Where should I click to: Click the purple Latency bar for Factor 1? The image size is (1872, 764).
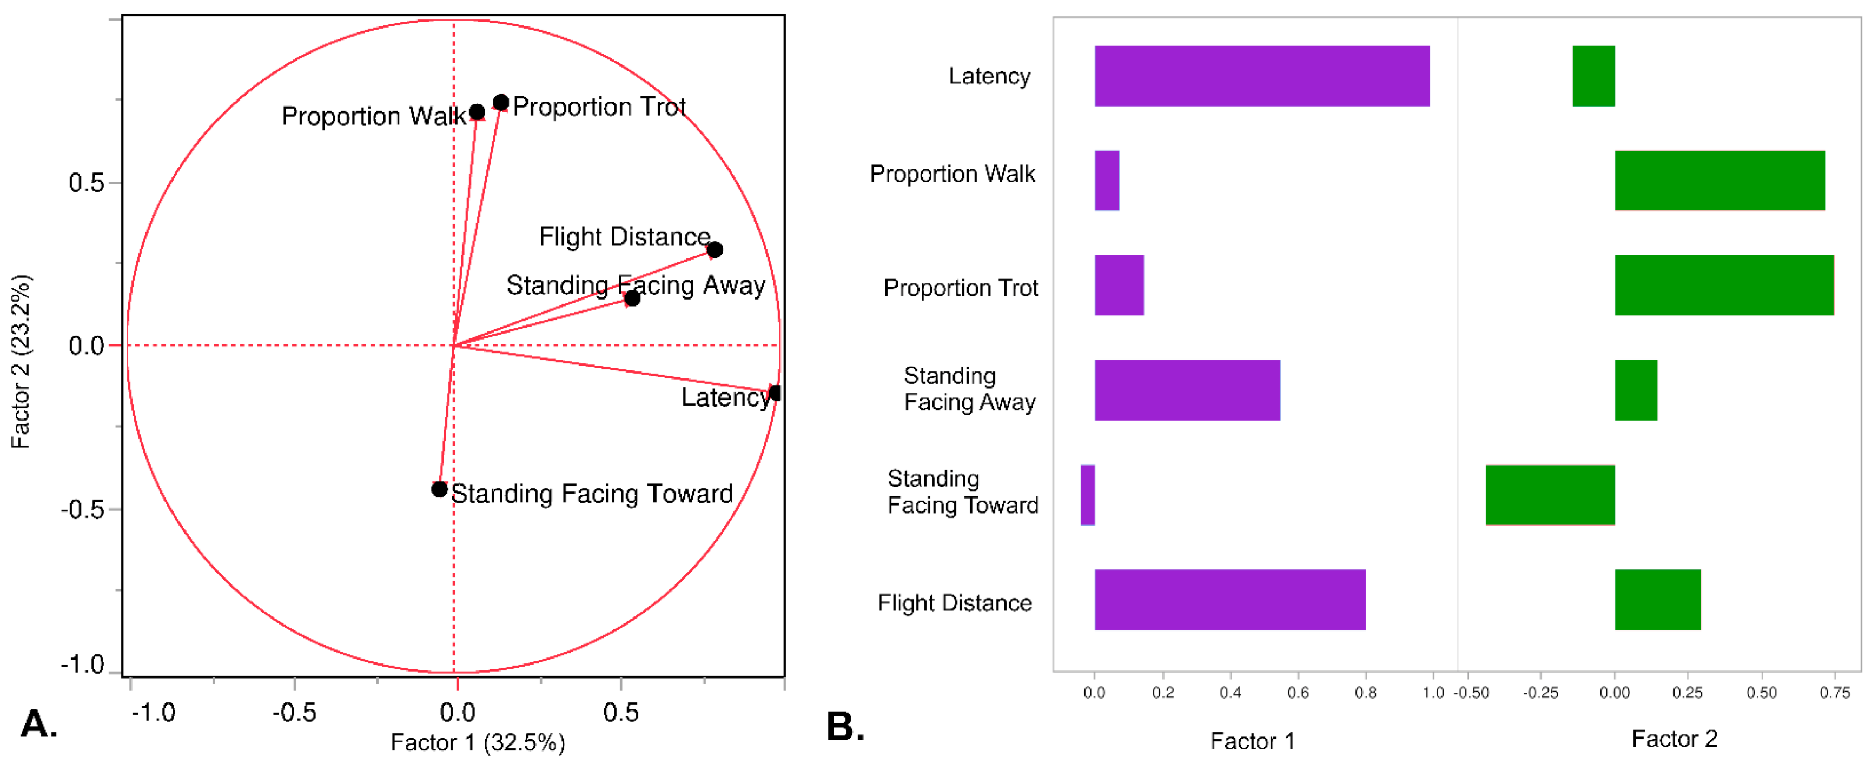tap(1261, 76)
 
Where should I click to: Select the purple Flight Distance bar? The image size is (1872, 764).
tap(1229, 599)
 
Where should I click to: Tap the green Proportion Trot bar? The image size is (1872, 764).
tap(1724, 285)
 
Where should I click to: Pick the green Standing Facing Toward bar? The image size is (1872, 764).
tap(1550, 495)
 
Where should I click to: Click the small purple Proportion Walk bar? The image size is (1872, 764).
tap(1107, 180)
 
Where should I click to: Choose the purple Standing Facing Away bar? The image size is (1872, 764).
tap(1187, 390)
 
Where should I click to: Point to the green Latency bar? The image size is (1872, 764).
tap(1593, 76)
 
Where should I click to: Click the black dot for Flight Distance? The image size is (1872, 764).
tap(715, 250)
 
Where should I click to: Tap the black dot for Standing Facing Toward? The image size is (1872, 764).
tap(439, 489)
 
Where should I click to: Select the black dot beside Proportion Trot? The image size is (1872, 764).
tap(501, 102)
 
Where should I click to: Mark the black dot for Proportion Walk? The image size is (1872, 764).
tap(477, 112)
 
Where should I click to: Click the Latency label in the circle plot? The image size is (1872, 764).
tap(725, 397)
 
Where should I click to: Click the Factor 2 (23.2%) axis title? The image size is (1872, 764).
tap(21, 361)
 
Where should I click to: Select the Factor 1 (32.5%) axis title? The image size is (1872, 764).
tap(478, 742)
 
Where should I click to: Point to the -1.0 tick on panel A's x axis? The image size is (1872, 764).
tap(153, 713)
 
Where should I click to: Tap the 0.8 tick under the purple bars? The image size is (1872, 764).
tap(1366, 693)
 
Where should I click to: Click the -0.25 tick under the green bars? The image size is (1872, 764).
tap(1540, 693)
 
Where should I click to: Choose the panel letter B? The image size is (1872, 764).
tap(845, 726)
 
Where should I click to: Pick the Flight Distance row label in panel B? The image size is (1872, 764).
tap(955, 603)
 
